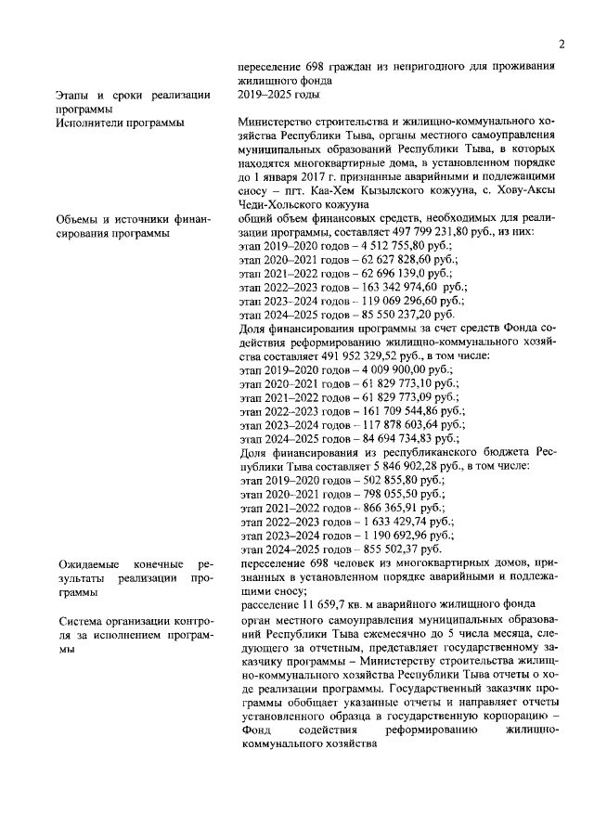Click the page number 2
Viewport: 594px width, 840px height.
pyautogui.click(x=562, y=43)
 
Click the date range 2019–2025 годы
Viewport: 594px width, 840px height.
pyautogui.click(x=278, y=94)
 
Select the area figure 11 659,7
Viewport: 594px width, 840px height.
pyautogui.click(x=316, y=605)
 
